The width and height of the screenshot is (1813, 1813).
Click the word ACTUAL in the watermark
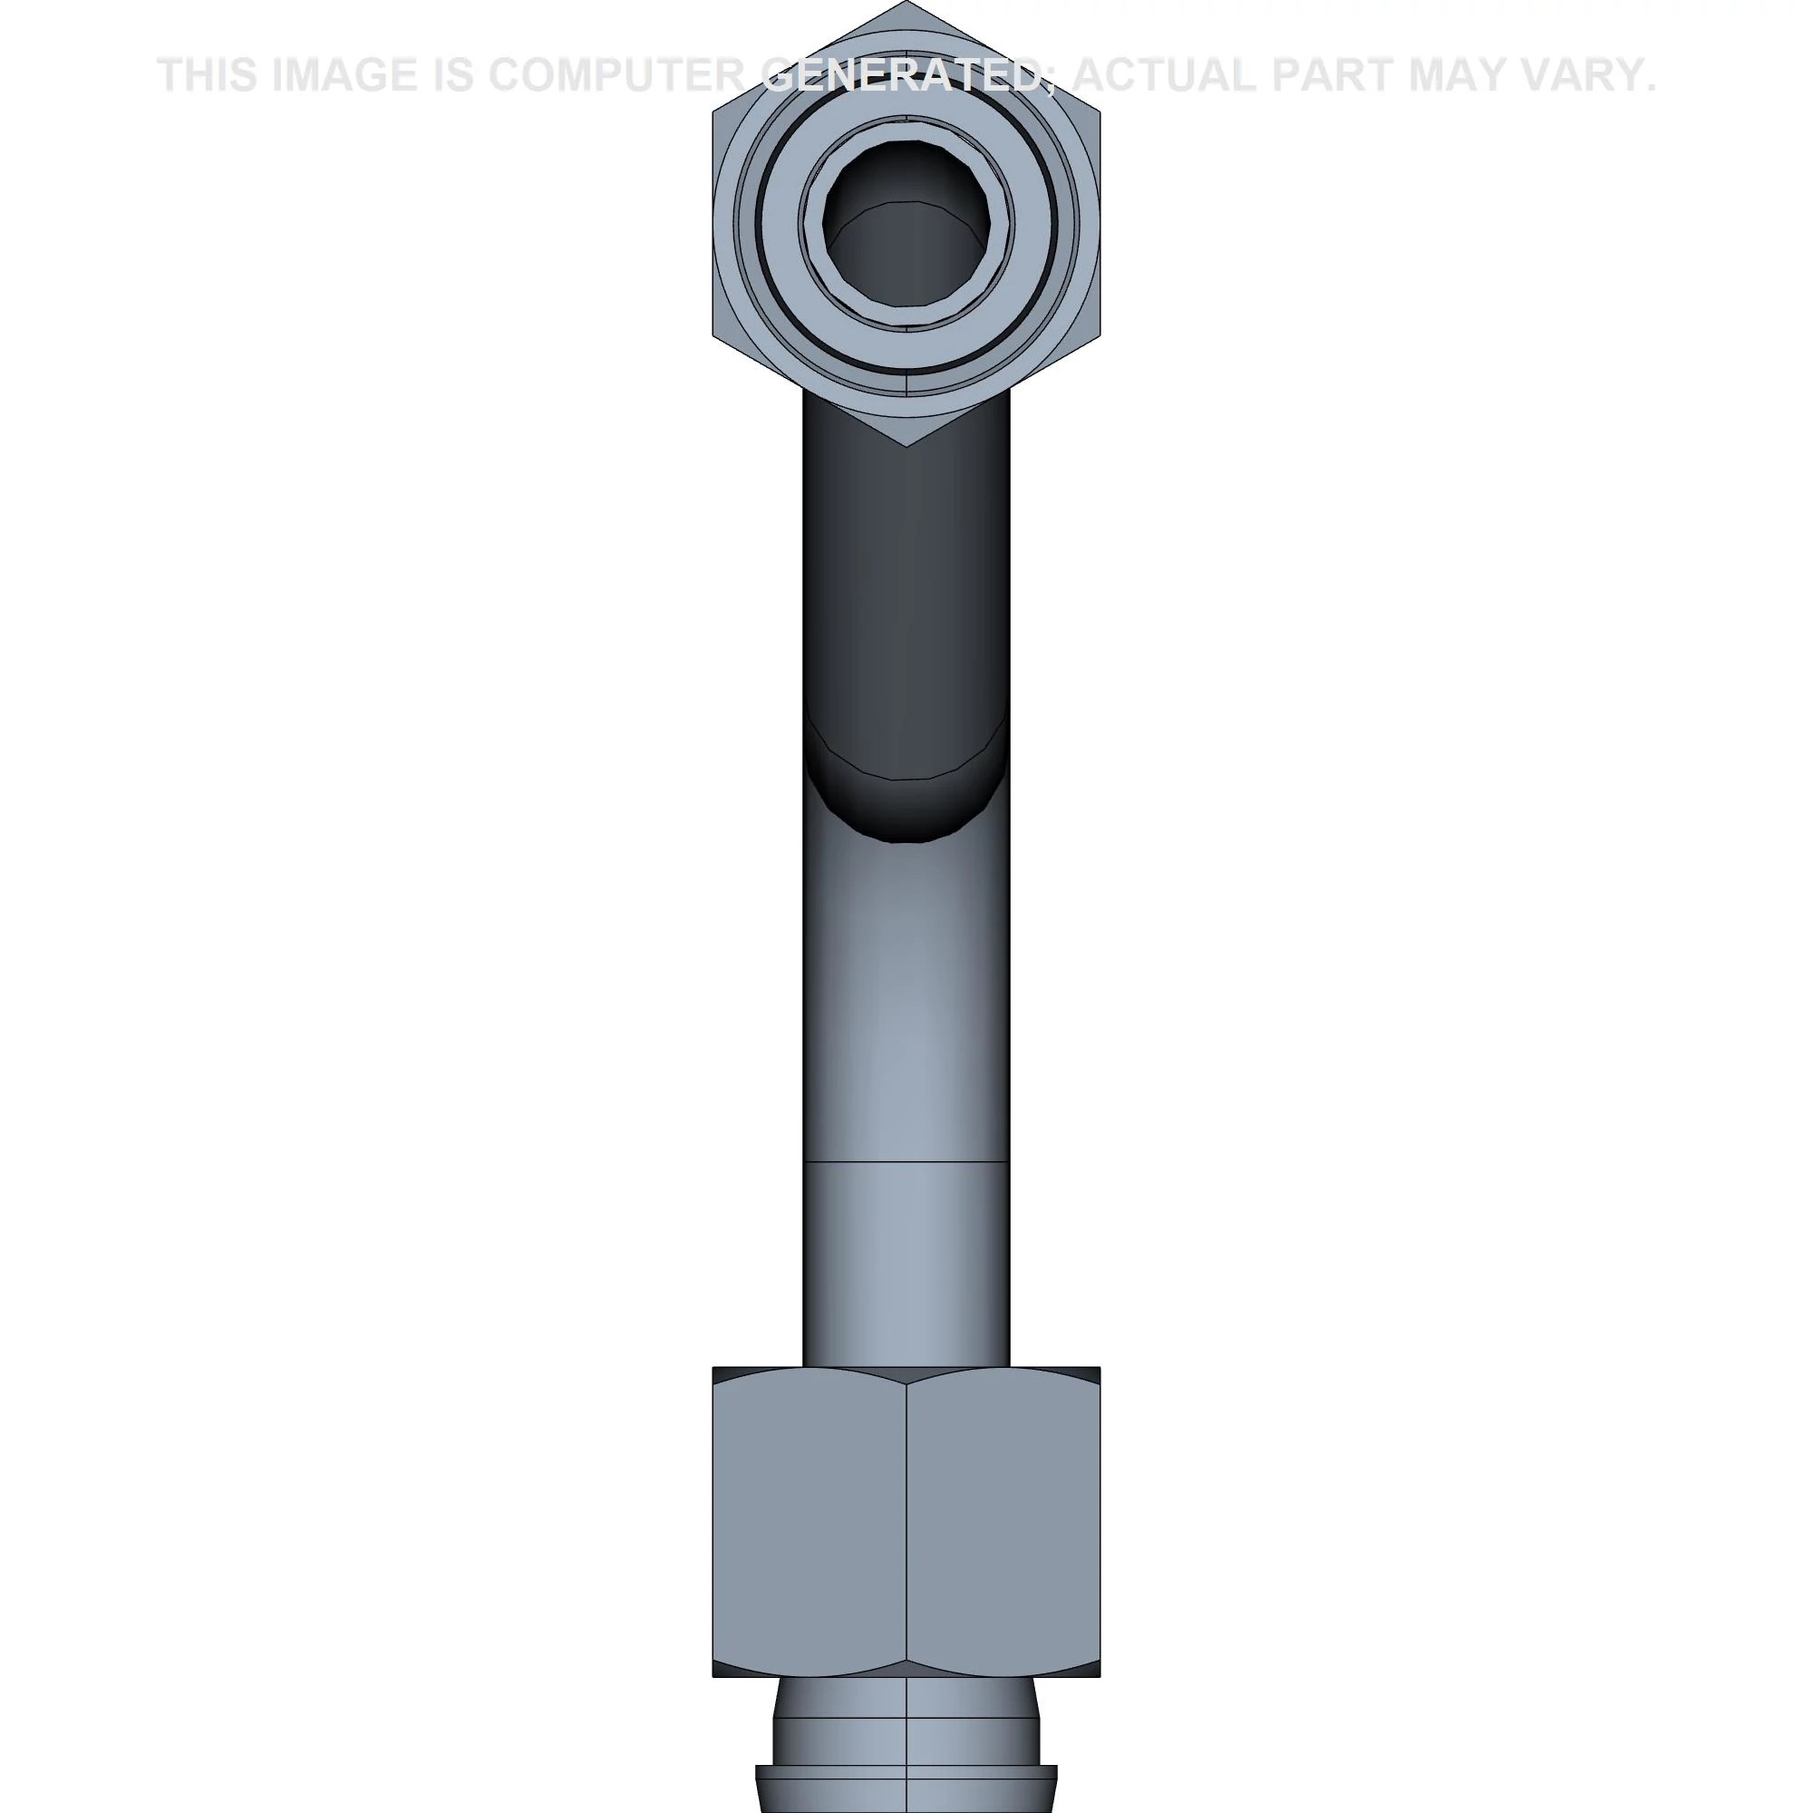point(1165,75)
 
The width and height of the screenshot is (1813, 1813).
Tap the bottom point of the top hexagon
point(906,446)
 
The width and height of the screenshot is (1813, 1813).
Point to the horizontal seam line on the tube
point(906,1162)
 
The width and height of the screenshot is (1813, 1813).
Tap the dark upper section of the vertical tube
point(906,582)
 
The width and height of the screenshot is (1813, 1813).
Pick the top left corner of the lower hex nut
point(714,1368)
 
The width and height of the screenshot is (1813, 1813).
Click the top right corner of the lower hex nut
point(1099,1368)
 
